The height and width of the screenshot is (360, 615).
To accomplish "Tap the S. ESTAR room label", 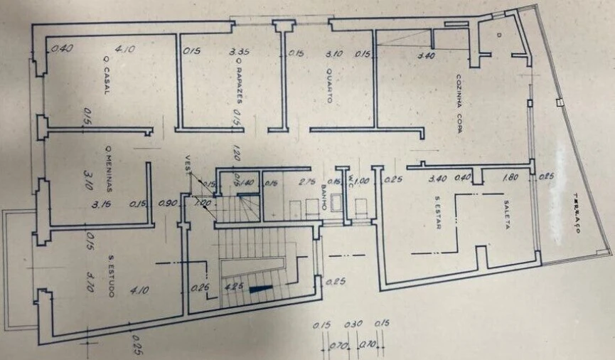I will coord(438,213).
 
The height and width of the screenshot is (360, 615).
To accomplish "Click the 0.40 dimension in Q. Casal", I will coord(63,49).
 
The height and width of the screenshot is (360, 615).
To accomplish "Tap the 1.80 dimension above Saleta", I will coord(509,179).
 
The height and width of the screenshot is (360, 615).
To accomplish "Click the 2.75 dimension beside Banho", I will coord(308,183).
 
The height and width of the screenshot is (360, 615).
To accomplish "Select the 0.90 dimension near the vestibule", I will coord(167,205).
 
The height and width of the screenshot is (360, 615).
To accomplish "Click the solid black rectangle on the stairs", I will coord(261,288).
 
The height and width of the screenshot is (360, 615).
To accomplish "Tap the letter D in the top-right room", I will coord(499,34).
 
